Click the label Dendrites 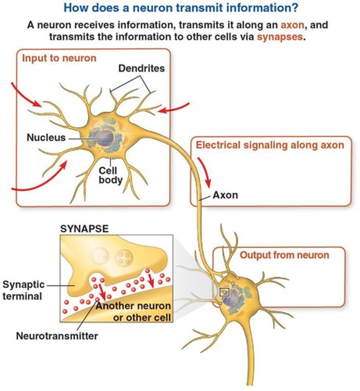click(x=141, y=68)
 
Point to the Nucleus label click(x=46, y=138)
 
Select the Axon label click(x=225, y=195)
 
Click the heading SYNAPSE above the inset click(x=84, y=228)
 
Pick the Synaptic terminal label click(x=23, y=290)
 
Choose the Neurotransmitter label click(x=57, y=336)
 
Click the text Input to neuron click(x=59, y=58)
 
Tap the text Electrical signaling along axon click(x=270, y=145)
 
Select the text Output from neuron click(x=284, y=255)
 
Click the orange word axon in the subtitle click(x=292, y=25)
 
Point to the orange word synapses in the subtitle click(x=280, y=36)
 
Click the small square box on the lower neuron click(x=225, y=292)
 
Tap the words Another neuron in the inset click(x=133, y=306)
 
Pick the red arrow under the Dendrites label click(x=173, y=108)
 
